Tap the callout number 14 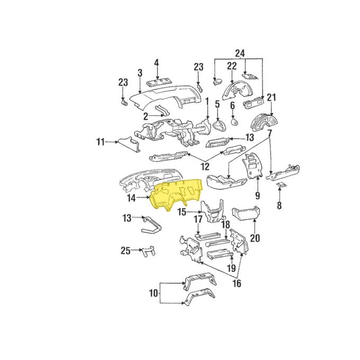(x=131, y=198)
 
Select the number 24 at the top (x=240, y=53)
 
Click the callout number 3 (x=139, y=73)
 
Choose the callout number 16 (x=236, y=284)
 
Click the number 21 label (x=272, y=97)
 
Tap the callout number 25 (x=125, y=250)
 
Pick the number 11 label (x=100, y=141)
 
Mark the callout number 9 (x=258, y=195)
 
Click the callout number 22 (x=231, y=66)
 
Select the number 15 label (x=181, y=212)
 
